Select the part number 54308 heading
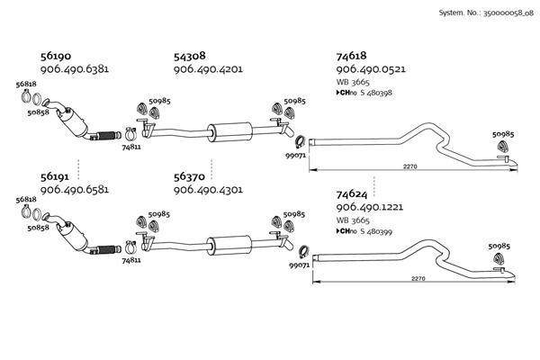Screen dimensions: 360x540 click(x=190, y=55)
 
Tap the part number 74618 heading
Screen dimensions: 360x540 click(x=352, y=55)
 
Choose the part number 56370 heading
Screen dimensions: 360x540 click(x=190, y=178)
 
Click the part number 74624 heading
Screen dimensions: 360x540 click(x=353, y=193)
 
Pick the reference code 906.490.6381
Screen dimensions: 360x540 click(x=76, y=68)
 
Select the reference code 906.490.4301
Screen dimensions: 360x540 click(x=207, y=191)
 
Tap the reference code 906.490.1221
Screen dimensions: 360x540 click(x=370, y=206)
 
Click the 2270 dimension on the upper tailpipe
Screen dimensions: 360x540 click(x=409, y=166)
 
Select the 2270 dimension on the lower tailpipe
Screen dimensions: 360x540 click(x=417, y=279)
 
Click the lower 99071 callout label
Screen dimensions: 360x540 click(x=299, y=265)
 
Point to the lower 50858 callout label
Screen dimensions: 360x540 click(x=38, y=229)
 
